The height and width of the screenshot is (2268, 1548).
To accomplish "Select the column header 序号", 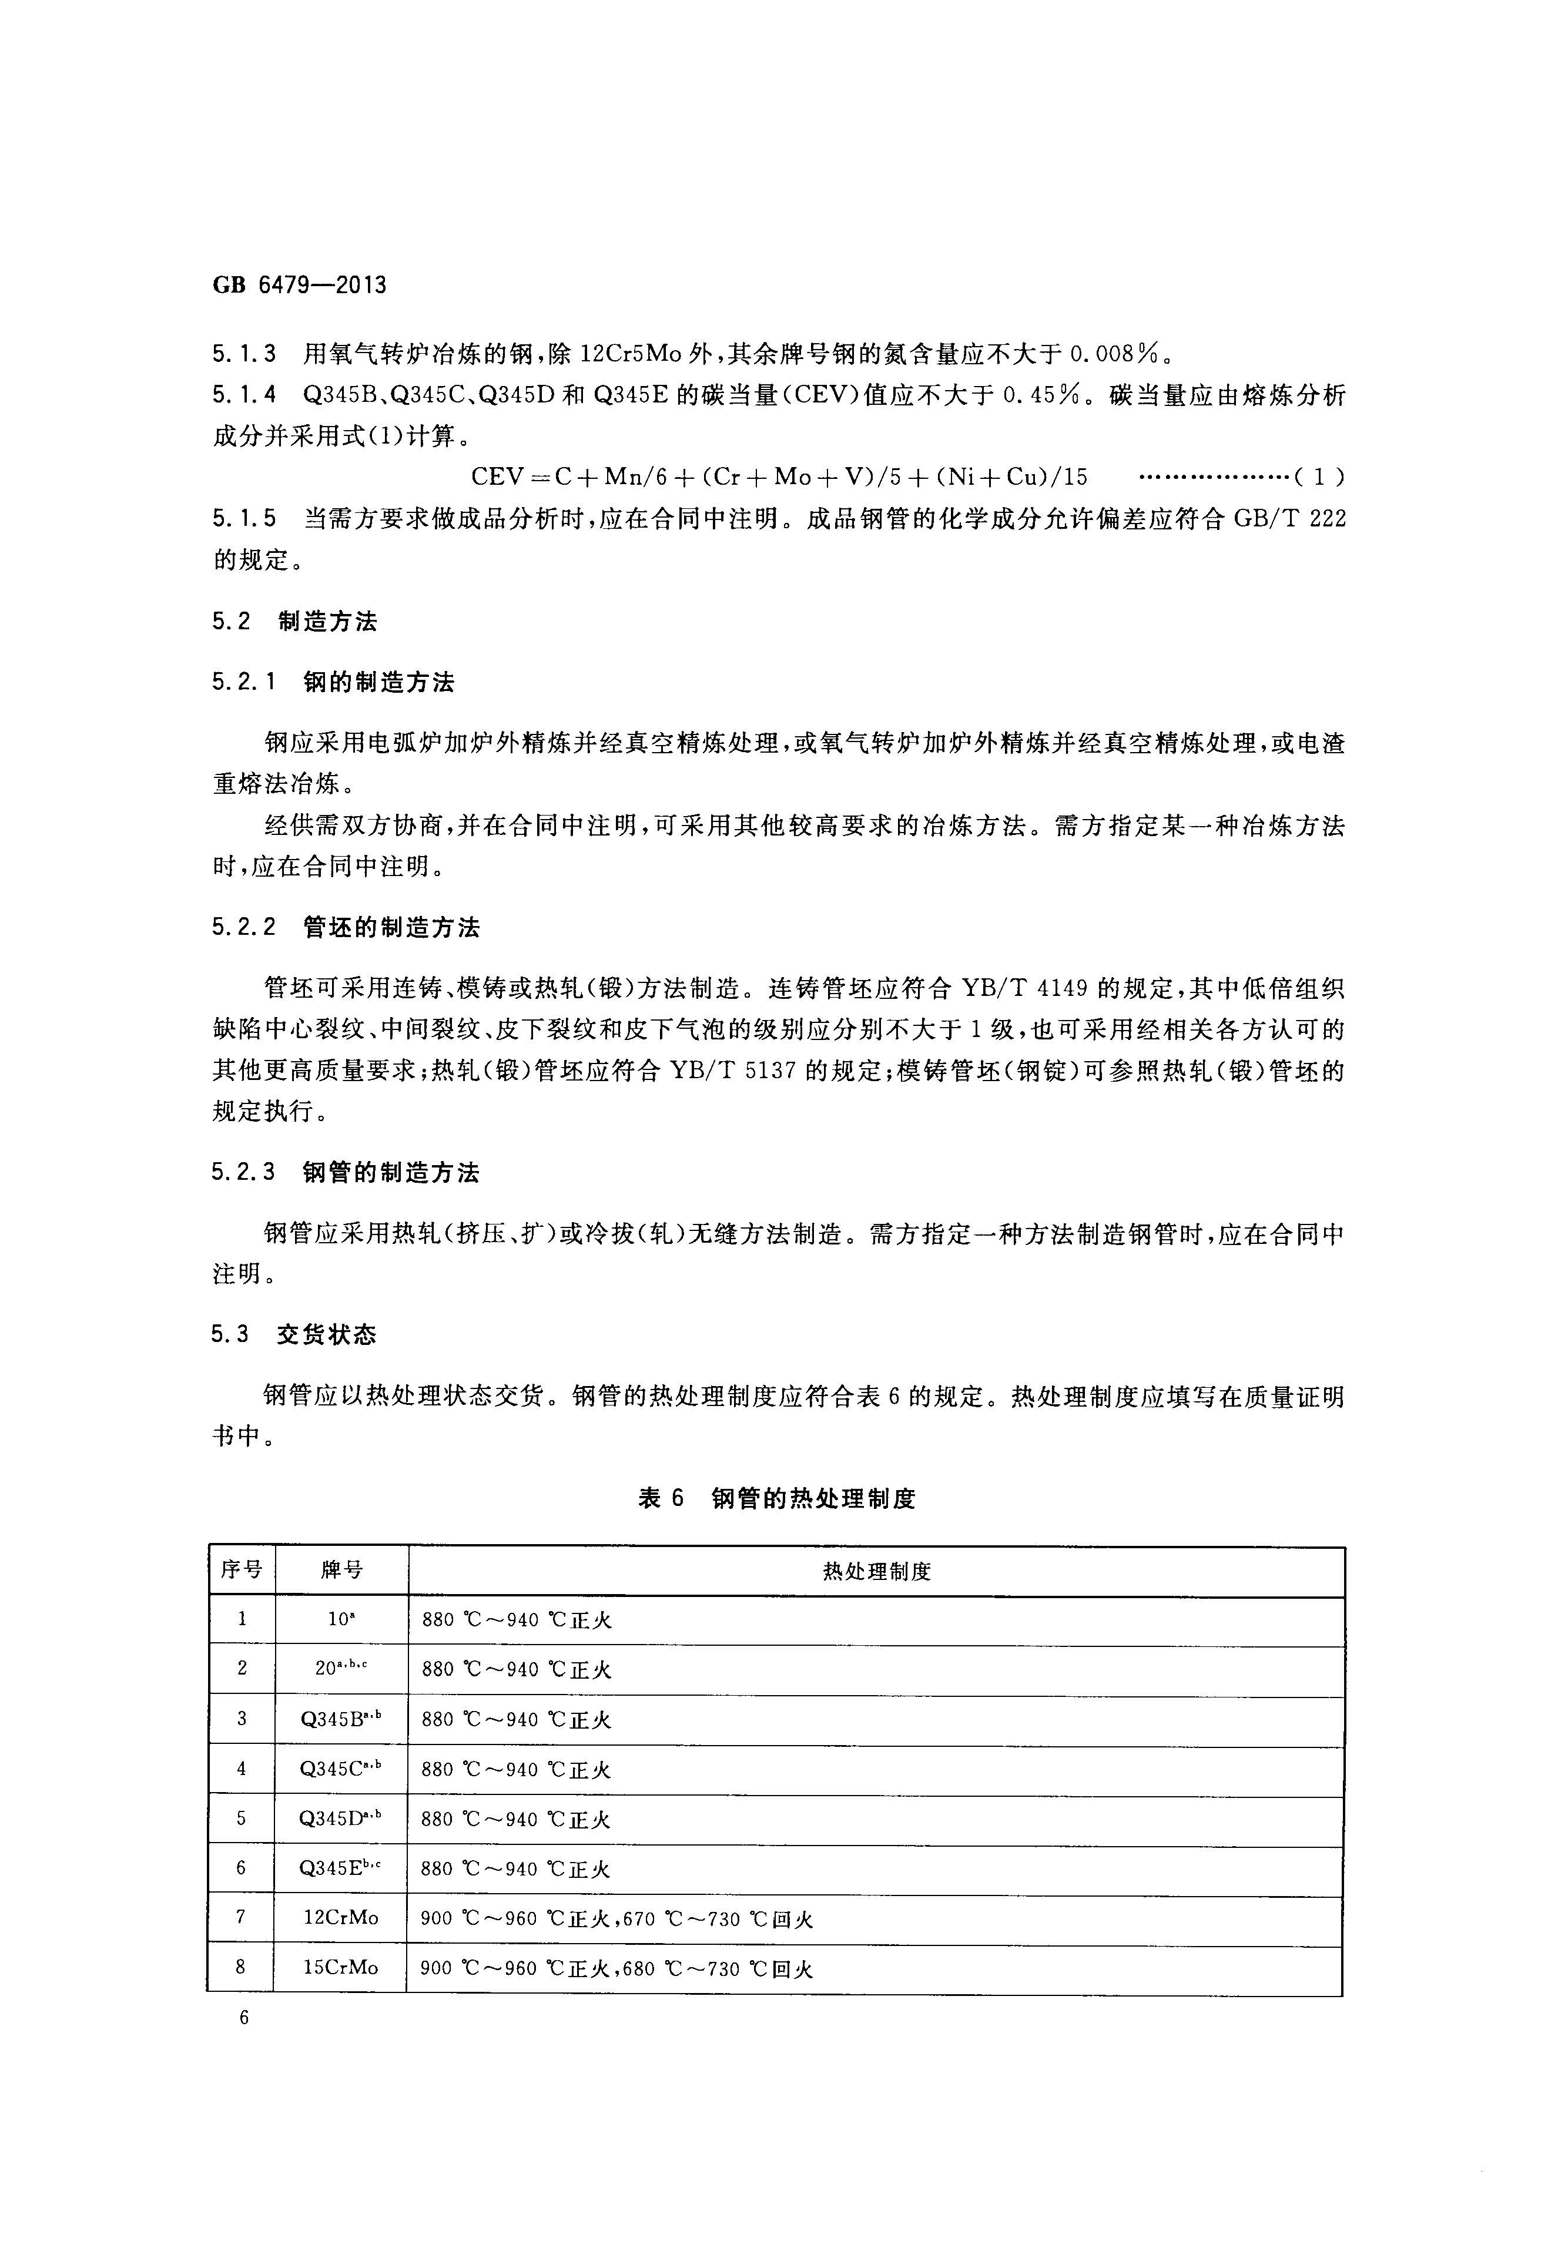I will [241, 1569].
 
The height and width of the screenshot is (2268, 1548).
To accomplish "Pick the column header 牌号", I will [341, 1569].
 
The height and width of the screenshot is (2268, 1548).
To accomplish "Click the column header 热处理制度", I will [876, 1570].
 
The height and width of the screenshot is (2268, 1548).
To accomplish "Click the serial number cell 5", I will [241, 1818].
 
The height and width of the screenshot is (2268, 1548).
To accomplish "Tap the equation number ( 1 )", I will [1319, 477].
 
